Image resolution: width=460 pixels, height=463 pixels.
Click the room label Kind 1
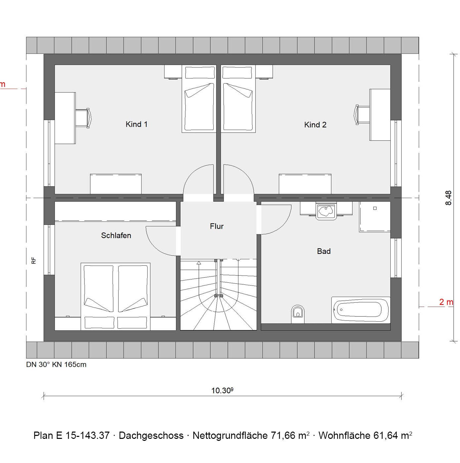(x=136, y=124)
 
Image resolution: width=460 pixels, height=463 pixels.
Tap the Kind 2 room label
(x=315, y=125)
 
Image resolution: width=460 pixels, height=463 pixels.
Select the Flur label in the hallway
(x=216, y=226)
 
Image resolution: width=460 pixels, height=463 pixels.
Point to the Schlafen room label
(x=116, y=235)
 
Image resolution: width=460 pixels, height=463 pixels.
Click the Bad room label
(x=324, y=251)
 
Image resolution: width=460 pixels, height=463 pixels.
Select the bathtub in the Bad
(x=360, y=310)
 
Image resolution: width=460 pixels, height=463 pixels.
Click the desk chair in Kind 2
(x=362, y=115)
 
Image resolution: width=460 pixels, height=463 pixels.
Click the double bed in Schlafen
(x=116, y=297)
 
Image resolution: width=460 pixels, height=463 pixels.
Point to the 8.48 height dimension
(x=448, y=198)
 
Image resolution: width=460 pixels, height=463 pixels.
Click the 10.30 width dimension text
(x=222, y=391)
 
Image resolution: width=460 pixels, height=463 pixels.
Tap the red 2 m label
(x=446, y=302)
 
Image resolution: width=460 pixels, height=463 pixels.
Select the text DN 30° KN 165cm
(x=56, y=364)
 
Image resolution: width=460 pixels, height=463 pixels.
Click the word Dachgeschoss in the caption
(x=151, y=435)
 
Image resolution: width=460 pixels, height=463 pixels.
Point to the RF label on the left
(x=34, y=261)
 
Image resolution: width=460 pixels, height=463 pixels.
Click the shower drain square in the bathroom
(x=375, y=208)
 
